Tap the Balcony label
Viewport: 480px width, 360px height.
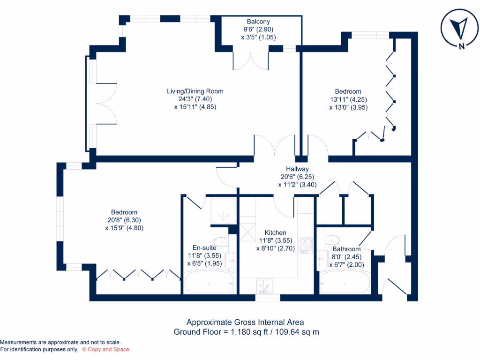coord(258,22)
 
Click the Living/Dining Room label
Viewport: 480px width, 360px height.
coord(195,91)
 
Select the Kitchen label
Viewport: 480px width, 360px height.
coord(275,232)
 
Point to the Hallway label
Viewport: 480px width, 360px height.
coord(297,169)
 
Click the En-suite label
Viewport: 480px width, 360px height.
coord(204,247)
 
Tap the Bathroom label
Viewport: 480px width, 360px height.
coord(346,249)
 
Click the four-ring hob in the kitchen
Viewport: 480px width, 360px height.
coord(306,244)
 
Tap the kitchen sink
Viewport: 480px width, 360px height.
coord(265,285)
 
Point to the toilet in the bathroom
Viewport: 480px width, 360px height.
coord(333,239)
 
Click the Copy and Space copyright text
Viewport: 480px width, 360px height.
coord(106,349)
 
